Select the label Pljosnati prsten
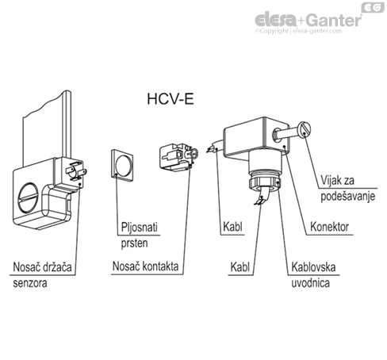pyautogui.click(x=138, y=233)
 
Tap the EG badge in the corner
pyautogui.click(x=371, y=7)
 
